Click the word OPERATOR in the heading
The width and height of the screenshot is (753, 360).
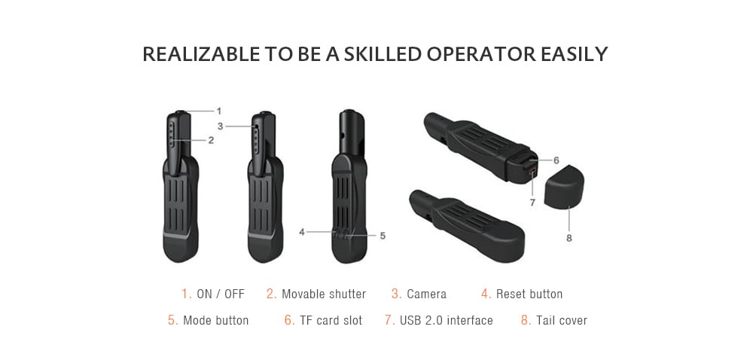[x=480, y=54]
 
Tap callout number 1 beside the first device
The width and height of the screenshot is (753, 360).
[x=219, y=111]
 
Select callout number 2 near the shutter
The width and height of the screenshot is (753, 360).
[x=211, y=140]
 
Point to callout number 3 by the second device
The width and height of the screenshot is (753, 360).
[x=220, y=126]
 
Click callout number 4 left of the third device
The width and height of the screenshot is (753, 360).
[x=301, y=232]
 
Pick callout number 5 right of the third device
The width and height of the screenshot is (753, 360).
[x=383, y=236]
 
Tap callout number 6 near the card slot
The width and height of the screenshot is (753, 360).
[x=556, y=160]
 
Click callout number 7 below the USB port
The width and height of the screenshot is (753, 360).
[x=532, y=203]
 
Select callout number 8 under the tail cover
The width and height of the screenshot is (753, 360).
[x=569, y=238]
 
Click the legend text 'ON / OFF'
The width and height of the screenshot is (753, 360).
[x=221, y=294]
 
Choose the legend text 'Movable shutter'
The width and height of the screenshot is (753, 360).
[x=324, y=294]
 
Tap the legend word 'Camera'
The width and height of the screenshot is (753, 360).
[x=426, y=294]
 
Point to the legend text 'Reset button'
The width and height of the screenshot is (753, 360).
[x=529, y=294]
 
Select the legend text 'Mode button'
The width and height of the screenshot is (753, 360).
[x=216, y=320]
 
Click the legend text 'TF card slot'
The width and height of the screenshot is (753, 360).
[x=331, y=320]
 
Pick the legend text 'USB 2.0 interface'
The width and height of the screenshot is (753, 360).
[x=447, y=320]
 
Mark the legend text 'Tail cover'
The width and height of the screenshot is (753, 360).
[x=562, y=320]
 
